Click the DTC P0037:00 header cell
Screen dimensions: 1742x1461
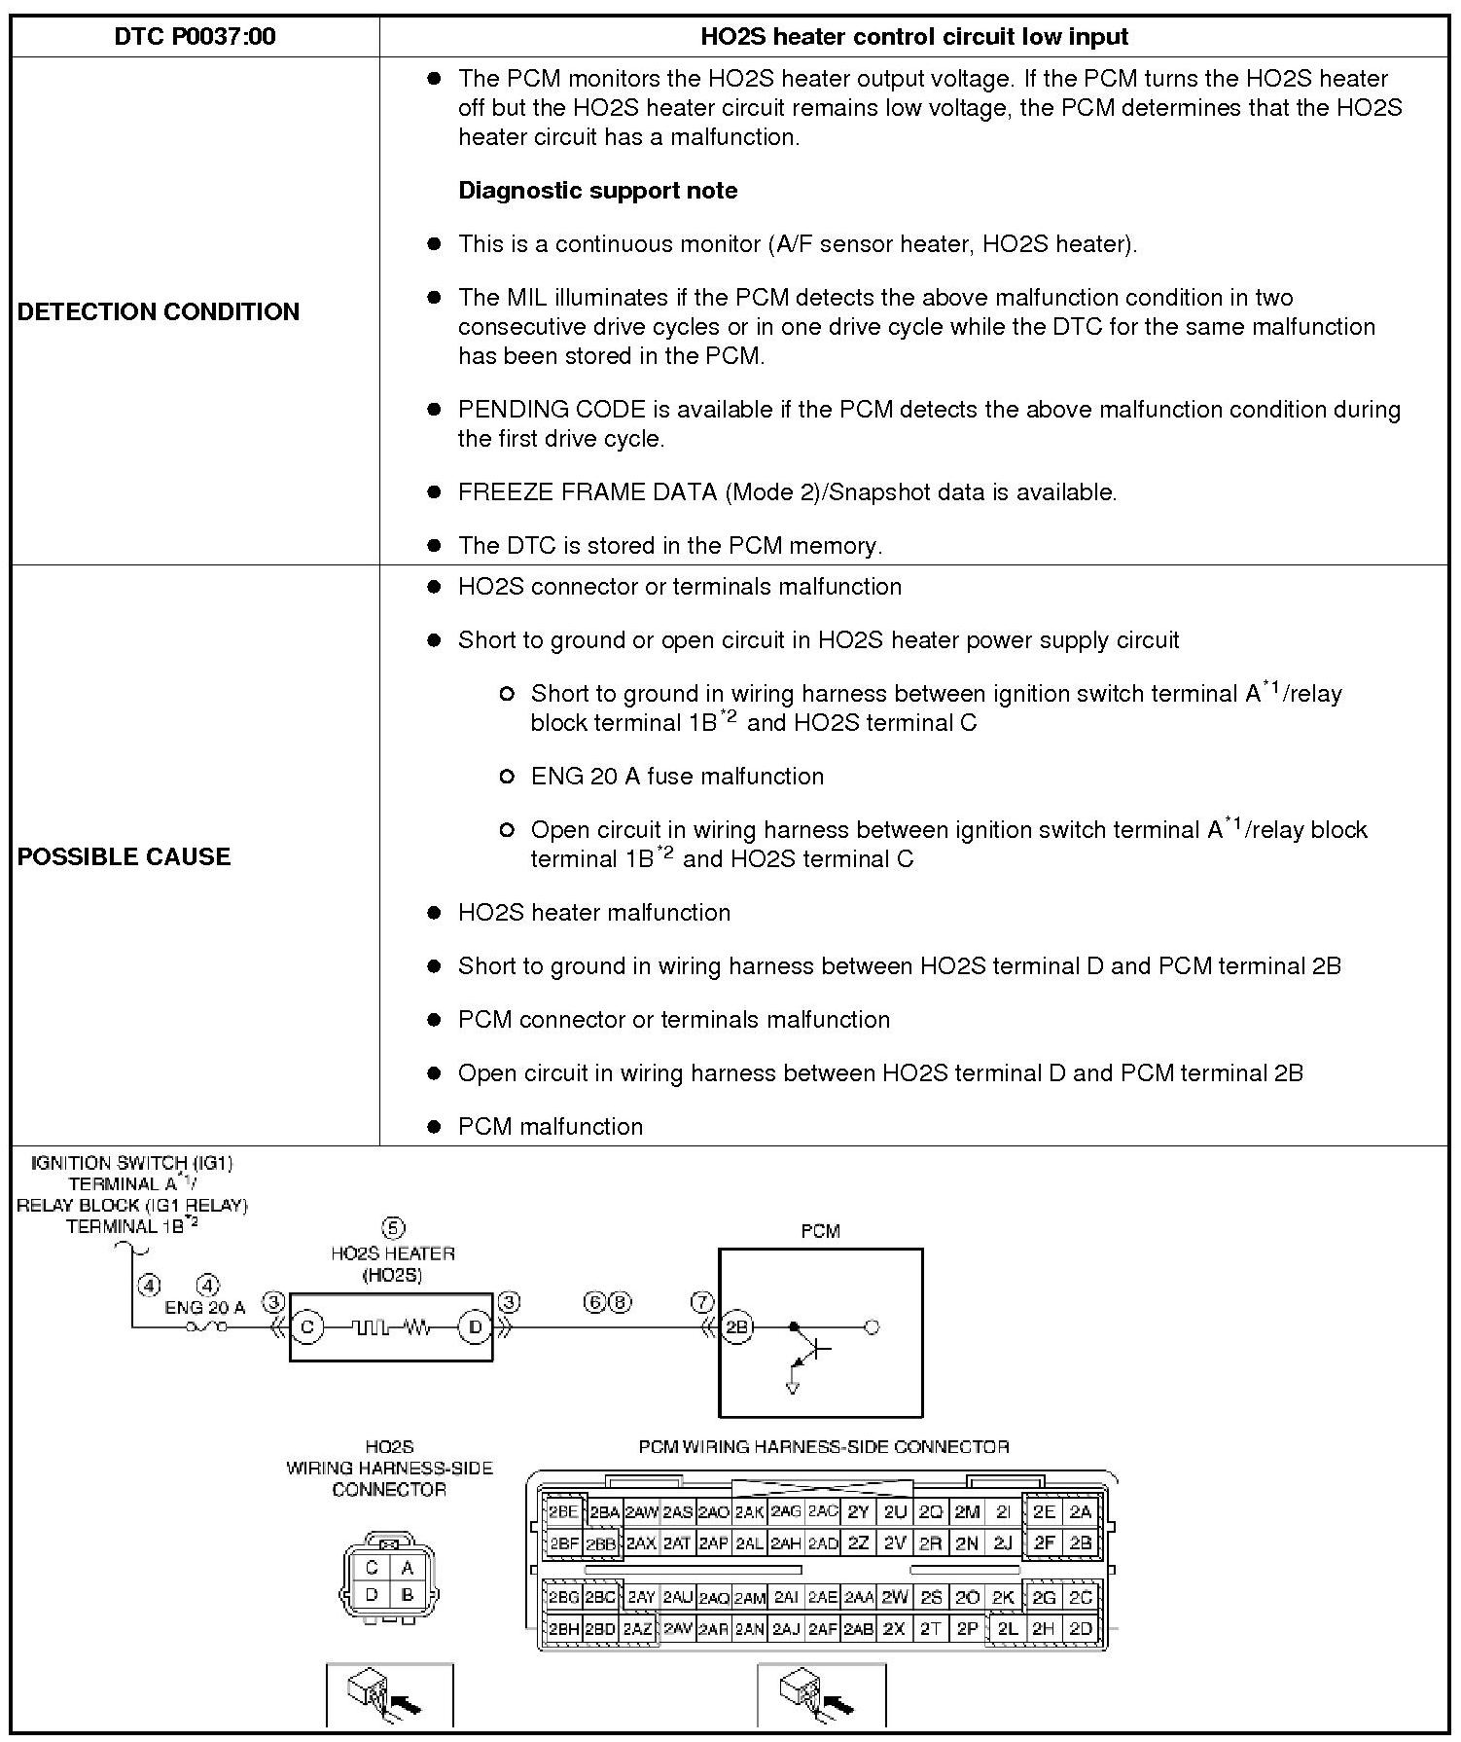(195, 37)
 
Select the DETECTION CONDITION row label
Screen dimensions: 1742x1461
(159, 311)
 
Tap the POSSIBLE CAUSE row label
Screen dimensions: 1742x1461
(125, 856)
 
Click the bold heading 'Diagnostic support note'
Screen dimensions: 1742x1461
(597, 191)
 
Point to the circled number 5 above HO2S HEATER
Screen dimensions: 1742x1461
(393, 1228)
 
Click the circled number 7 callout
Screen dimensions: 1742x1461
(702, 1302)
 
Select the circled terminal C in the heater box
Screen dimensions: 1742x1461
(306, 1326)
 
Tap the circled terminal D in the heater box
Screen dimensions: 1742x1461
(476, 1326)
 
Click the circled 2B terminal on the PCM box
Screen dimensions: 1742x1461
(736, 1326)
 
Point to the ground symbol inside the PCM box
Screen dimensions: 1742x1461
(792, 1388)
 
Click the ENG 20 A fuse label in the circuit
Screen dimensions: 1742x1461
(204, 1309)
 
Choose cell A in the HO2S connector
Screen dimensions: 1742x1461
(408, 1568)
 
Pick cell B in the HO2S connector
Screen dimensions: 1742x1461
(408, 1595)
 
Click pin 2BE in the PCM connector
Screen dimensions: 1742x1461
(563, 1512)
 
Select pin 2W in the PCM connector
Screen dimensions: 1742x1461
(895, 1597)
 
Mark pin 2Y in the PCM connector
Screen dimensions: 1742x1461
(858, 1512)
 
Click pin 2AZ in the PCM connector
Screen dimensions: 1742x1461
(638, 1628)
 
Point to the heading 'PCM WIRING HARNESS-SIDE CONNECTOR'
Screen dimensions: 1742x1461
(823, 1447)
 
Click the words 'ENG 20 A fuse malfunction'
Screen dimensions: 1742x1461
(677, 777)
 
